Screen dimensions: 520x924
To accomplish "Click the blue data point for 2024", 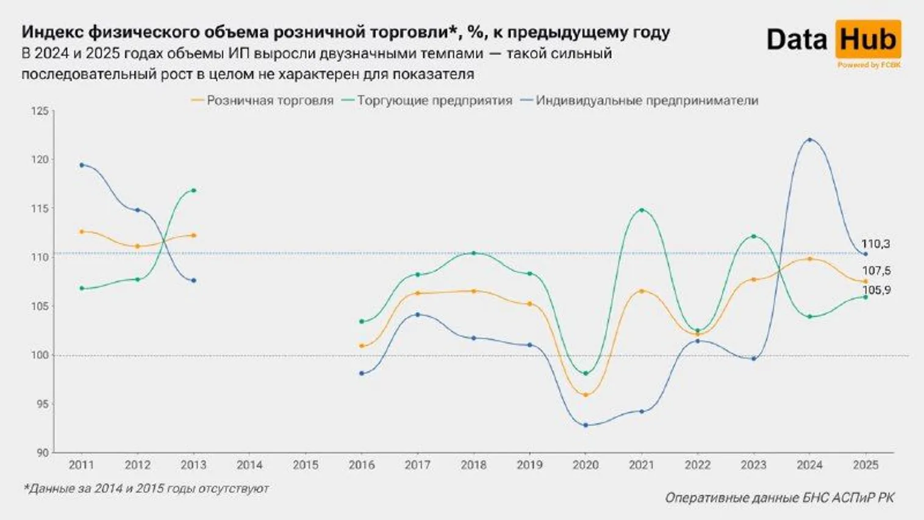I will tap(809, 140).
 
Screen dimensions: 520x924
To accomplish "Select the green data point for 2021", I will tap(642, 210).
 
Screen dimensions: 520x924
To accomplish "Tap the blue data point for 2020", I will tap(586, 425).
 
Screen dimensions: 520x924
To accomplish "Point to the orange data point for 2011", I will tap(82, 231).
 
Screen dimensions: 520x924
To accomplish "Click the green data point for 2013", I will tap(194, 190).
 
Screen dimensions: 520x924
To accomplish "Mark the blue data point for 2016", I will tap(362, 373).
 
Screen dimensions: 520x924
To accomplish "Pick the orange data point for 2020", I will tap(586, 395).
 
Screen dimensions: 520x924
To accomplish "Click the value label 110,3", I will tap(875, 244).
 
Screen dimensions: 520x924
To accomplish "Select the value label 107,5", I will tap(876, 271).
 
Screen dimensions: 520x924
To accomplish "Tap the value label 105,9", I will tap(876, 291).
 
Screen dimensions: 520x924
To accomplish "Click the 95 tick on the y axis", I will tap(41, 404).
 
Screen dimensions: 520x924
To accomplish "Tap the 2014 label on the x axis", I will tap(249, 465).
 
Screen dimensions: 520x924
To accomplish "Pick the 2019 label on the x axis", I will tap(529, 465).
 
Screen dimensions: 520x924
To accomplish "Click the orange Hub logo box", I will tap(868, 40).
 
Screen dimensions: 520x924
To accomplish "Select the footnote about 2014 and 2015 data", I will tap(146, 488).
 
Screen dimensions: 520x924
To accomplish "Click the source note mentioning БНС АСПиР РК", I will tap(779, 498).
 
